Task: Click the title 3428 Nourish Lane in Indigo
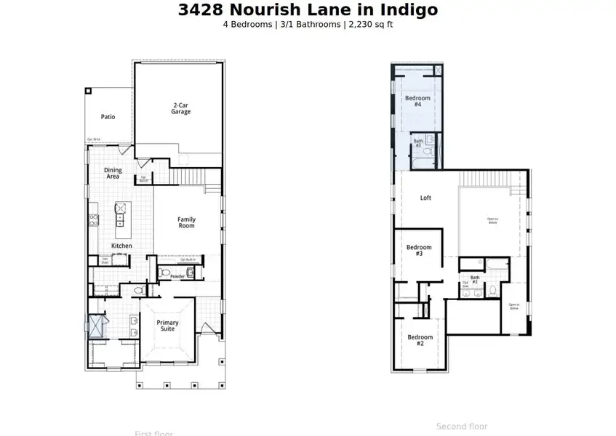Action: (x=308, y=9)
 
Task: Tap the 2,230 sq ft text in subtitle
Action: (x=371, y=24)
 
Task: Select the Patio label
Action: (x=108, y=116)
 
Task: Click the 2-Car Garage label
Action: (x=181, y=108)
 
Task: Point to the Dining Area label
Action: (x=113, y=173)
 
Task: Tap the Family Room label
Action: (x=187, y=222)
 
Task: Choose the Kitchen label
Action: (x=121, y=246)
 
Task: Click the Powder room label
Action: (x=177, y=276)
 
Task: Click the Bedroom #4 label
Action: (x=417, y=101)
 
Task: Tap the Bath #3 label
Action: (x=418, y=143)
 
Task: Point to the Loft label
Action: (x=426, y=198)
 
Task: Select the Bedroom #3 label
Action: (x=419, y=251)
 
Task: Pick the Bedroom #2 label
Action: (x=420, y=340)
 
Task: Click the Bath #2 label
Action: (x=474, y=279)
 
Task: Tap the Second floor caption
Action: (x=462, y=427)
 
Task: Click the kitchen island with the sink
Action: (x=121, y=214)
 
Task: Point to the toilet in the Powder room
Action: (x=165, y=273)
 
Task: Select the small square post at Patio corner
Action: (x=88, y=91)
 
